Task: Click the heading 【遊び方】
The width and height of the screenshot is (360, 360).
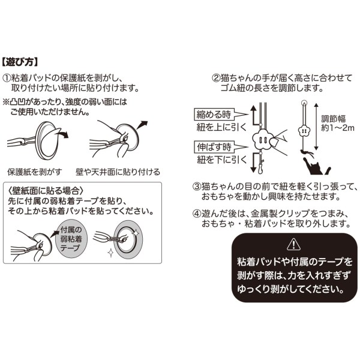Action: [20, 62]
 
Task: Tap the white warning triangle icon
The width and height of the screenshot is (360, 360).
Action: [293, 244]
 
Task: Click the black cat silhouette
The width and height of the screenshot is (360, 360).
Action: [317, 166]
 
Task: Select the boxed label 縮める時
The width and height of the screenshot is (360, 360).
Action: [214, 114]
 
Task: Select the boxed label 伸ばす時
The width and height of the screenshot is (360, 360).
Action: [214, 147]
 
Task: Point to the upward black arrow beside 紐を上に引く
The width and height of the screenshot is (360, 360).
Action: [254, 115]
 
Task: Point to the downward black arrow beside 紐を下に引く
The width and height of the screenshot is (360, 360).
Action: [254, 162]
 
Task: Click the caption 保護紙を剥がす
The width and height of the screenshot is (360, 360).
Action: [35, 172]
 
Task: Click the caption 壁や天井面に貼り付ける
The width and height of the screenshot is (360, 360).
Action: [118, 172]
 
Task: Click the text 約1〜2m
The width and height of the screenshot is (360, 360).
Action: [337, 128]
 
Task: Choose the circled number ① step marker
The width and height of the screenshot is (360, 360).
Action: [7, 78]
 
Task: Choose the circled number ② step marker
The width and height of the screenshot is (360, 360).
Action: [216, 78]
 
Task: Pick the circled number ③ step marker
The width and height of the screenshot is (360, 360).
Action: [197, 187]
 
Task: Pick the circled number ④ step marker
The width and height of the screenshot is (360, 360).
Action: [197, 214]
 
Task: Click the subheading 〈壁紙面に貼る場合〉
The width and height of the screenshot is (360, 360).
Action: [46, 191]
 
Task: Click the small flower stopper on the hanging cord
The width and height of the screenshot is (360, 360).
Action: [304, 131]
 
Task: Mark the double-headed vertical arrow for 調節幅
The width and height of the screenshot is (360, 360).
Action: [316, 127]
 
